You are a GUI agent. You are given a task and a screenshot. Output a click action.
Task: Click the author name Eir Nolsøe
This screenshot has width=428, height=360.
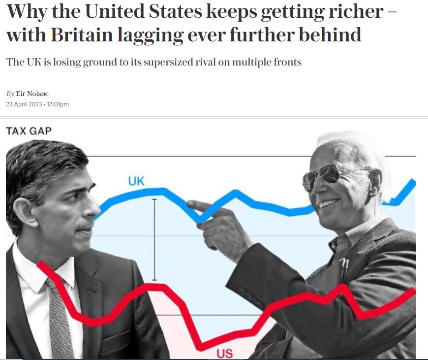32,94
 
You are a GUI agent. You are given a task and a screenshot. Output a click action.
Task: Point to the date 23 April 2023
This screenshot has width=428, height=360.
24,104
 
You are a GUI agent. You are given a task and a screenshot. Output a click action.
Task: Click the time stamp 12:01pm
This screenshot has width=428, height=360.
58,104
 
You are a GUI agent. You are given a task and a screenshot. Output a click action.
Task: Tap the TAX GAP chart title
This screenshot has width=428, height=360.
29,131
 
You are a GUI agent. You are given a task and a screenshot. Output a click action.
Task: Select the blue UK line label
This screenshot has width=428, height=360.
136,181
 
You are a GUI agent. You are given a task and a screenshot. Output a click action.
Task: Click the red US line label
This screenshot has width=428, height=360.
224,353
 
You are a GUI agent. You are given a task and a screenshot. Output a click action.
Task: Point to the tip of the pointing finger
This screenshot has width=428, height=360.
189,203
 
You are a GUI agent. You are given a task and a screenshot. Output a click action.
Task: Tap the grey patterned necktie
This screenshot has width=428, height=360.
61,320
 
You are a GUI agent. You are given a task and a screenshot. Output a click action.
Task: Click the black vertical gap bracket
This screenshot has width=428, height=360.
154,240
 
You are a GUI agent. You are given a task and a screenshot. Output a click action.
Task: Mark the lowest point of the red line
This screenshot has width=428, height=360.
201,347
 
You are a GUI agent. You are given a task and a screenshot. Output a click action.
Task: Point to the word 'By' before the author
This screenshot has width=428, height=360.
10,94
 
